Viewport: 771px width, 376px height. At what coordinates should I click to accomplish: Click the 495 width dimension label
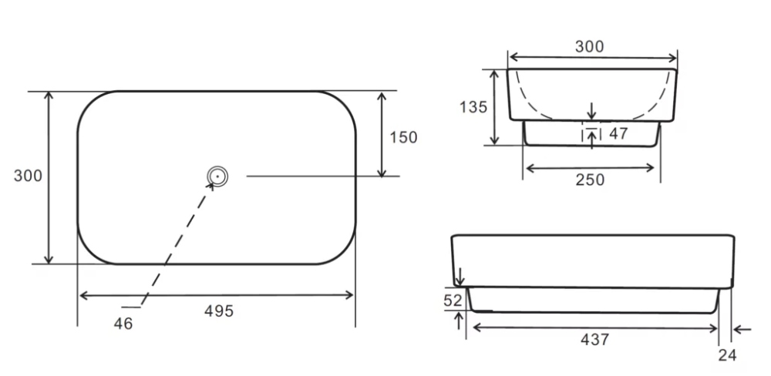(219, 311)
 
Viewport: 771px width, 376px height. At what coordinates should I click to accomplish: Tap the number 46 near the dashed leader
(123, 324)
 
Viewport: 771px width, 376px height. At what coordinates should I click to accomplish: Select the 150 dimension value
(403, 137)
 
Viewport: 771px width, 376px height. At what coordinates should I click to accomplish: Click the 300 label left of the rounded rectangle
(28, 176)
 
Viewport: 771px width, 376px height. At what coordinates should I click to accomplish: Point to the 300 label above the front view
(589, 47)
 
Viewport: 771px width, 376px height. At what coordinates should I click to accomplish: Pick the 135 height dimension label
(473, 106)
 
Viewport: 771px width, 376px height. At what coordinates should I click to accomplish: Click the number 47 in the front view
(618, 133)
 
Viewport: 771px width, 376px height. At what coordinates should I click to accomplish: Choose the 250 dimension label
(590, 180)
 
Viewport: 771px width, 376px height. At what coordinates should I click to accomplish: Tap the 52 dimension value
(453, 300)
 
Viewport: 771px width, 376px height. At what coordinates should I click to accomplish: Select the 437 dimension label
(595, 339)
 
